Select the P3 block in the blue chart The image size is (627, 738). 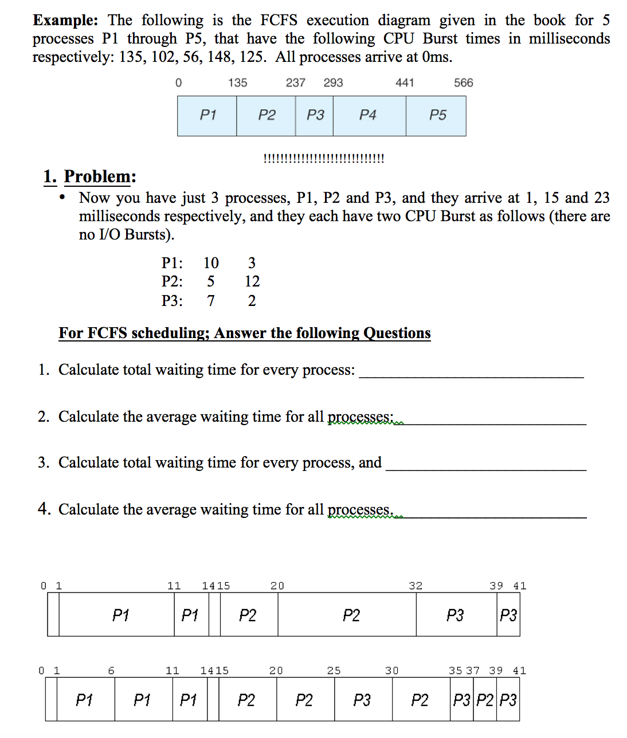click(315, 116)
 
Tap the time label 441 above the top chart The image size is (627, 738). click(405, 83)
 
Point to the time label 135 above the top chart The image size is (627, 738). click(237, 83)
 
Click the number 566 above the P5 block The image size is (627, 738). click(463, 83)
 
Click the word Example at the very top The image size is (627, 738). click(65, 21)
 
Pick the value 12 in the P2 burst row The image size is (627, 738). click(252, 281)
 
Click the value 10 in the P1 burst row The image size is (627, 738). click(211, 263)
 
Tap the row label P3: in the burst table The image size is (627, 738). click(172, 301)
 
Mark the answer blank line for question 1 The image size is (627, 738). click(471, 376)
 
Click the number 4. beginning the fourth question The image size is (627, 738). click(45, 509)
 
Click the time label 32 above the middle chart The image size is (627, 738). click(416, 586)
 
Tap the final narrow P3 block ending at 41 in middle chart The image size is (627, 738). click(508, 615)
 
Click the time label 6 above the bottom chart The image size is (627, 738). click(111, 670)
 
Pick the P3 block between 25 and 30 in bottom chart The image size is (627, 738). click(363, 700)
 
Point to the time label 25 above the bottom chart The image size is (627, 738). click(334, 670)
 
